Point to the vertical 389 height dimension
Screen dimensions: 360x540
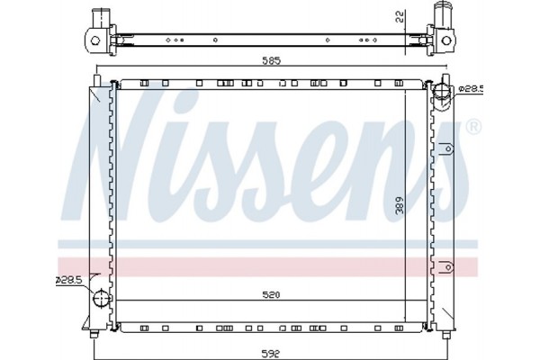(399, 205)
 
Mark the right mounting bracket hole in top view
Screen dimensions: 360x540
(447, 39)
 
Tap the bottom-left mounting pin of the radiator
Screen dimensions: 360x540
(95, 335)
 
